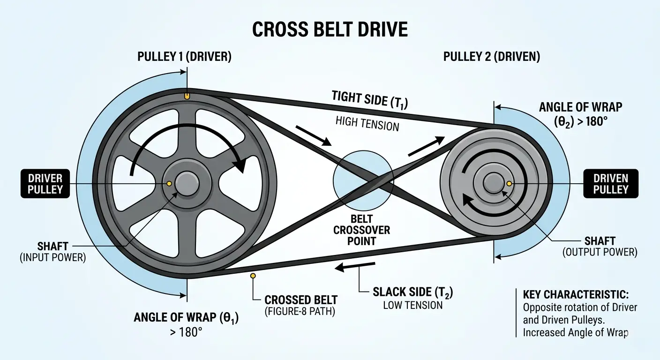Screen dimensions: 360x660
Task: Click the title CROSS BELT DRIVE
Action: coord(330,30)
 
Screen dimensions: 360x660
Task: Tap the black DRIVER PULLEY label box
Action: coord(45,183)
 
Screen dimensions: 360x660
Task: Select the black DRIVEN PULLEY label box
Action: coord(610,183)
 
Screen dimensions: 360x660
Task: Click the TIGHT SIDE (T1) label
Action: coord(368,99)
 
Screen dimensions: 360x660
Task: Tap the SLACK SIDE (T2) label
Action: coord(412,292)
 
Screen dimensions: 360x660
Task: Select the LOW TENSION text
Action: coord(412,305)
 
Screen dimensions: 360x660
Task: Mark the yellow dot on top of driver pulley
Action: coord(187,96)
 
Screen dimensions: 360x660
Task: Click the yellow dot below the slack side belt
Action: coord(253,276)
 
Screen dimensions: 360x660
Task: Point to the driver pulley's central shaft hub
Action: coord(186,183)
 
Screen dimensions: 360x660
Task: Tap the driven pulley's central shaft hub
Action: coord(492,182)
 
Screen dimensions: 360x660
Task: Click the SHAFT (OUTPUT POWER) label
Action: coord(600,247)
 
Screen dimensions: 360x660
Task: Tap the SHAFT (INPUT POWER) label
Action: coord(53,252)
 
